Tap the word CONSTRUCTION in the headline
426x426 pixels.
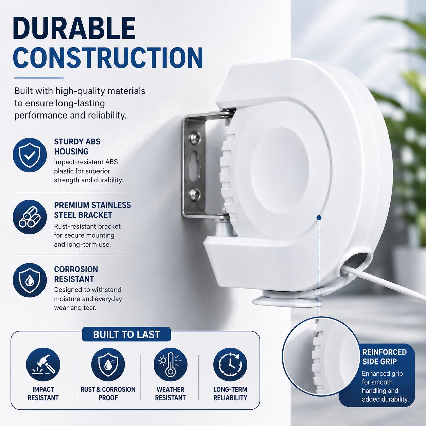point(108,57)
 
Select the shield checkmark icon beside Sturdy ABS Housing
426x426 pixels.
point(30,155)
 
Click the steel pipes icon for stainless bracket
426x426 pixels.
point(30,217)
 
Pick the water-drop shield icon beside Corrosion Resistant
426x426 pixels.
point(30,280)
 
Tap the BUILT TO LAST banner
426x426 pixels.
point(126,335)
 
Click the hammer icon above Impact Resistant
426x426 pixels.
point(43,365)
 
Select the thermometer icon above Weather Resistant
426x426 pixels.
point(171,365)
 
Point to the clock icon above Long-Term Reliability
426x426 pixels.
point(230,365)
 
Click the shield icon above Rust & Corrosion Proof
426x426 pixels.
point(108,365)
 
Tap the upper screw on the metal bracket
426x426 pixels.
point(196,137)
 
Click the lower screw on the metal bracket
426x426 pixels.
point(195,194)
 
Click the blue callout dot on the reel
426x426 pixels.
point(319,218)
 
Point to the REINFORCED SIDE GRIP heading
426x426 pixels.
point(385,357)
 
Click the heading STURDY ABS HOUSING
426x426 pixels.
point(77,146)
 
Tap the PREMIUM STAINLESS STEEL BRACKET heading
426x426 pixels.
point(93,210)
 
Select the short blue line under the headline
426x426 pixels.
point(39,78)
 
